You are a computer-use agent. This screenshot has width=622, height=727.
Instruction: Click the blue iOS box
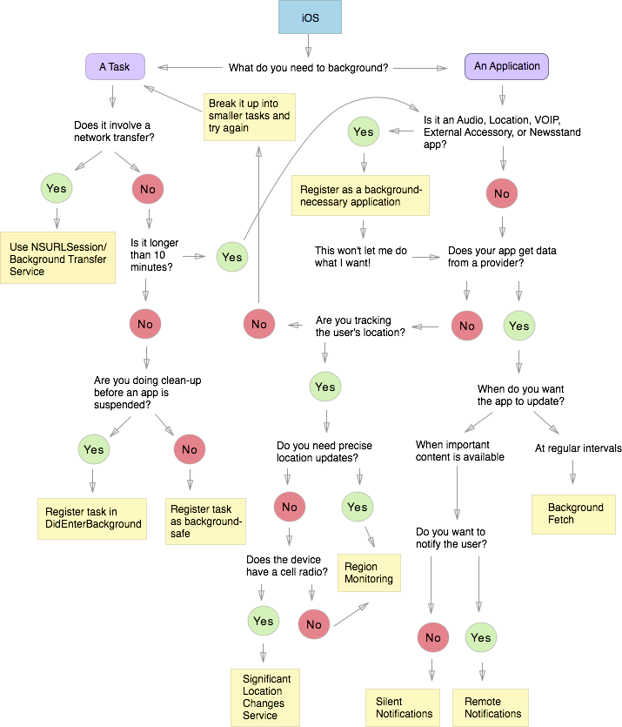click(x=310, y=17)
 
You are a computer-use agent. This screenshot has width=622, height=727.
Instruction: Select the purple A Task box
click(x=115, y=67)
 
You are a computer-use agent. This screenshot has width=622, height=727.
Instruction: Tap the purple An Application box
click(x=506, y=67)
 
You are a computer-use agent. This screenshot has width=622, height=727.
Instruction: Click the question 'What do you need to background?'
click(x=308, y=67)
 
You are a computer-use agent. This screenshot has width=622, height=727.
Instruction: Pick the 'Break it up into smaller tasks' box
click(x=249, y=116)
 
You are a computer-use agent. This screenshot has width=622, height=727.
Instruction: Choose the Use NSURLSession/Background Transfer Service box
click(x=58, y=259)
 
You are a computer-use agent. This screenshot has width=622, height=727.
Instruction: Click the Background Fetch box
click(x=575, y=514)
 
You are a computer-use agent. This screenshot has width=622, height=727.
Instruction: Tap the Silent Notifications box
click(x=404, y=707)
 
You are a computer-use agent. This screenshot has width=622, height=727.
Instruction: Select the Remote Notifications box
click(x=492, y=707)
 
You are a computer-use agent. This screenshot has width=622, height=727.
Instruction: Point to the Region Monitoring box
click(x=368, y=573)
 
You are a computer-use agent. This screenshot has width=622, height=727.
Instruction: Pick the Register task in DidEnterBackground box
click(x=93, y=517)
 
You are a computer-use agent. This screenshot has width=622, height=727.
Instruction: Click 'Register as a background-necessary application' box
click(x=361, y=196)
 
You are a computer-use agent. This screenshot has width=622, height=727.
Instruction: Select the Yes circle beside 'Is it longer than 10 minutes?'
click(x=232, y=257)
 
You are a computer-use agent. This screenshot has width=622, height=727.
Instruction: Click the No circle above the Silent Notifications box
click(x=433, y=638)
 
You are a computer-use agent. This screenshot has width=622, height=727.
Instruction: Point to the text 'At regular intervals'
click(x=578, y=448)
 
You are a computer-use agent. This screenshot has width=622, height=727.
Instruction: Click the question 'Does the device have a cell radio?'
click(x=284, y=565)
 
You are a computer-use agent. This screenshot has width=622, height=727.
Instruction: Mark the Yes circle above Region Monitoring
click(x=357, y=507)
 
